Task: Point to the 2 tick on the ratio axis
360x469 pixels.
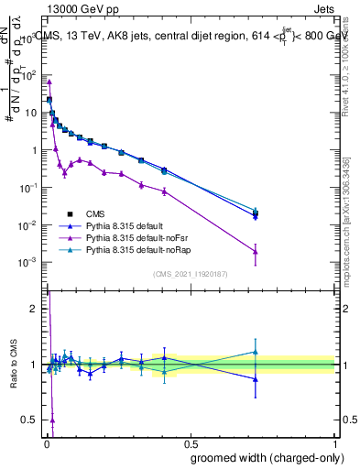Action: point(32,309)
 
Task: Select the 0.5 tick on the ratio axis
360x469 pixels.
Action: point(30,420)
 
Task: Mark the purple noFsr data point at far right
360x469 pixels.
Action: point(256,252)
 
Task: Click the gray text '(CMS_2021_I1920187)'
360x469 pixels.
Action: point(190,274)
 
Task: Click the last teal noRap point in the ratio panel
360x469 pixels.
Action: point(256,352)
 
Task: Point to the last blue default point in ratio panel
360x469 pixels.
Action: point(256,378)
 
